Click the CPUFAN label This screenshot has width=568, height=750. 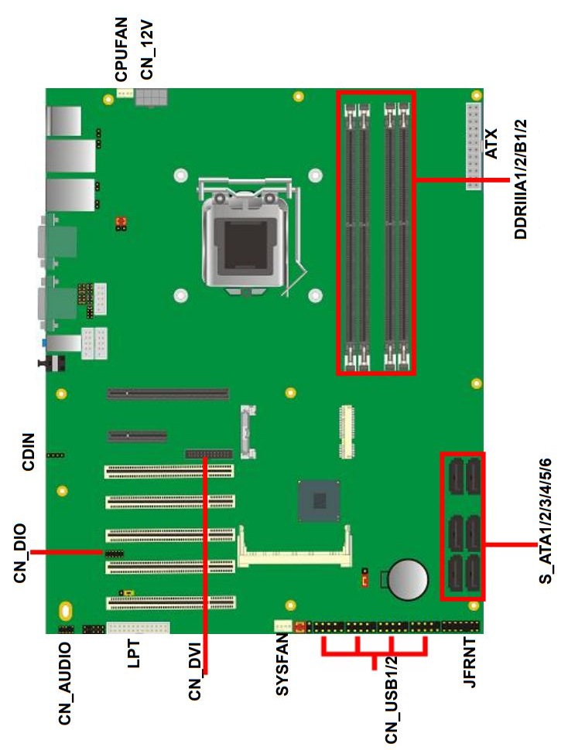point(121,49)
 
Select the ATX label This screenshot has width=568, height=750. point(491,143)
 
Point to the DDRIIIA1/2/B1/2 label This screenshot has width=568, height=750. point(521,179)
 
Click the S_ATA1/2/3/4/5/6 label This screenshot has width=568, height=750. point(546,521)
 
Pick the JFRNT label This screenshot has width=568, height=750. point(470,662)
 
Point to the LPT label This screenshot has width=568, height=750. point(134,653)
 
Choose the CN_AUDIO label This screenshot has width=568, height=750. point(65,683)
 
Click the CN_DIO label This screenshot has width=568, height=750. point(21,554)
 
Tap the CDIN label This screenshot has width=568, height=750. point(29,452)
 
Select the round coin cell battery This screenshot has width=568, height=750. point(407,579)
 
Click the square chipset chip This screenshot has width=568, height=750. point(319,501)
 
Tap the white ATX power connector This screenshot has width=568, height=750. point(474,146)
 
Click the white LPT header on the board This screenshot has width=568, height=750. point(139,628)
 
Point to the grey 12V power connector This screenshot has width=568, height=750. point(151,97)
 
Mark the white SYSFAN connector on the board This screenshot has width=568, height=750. point(282,626)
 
